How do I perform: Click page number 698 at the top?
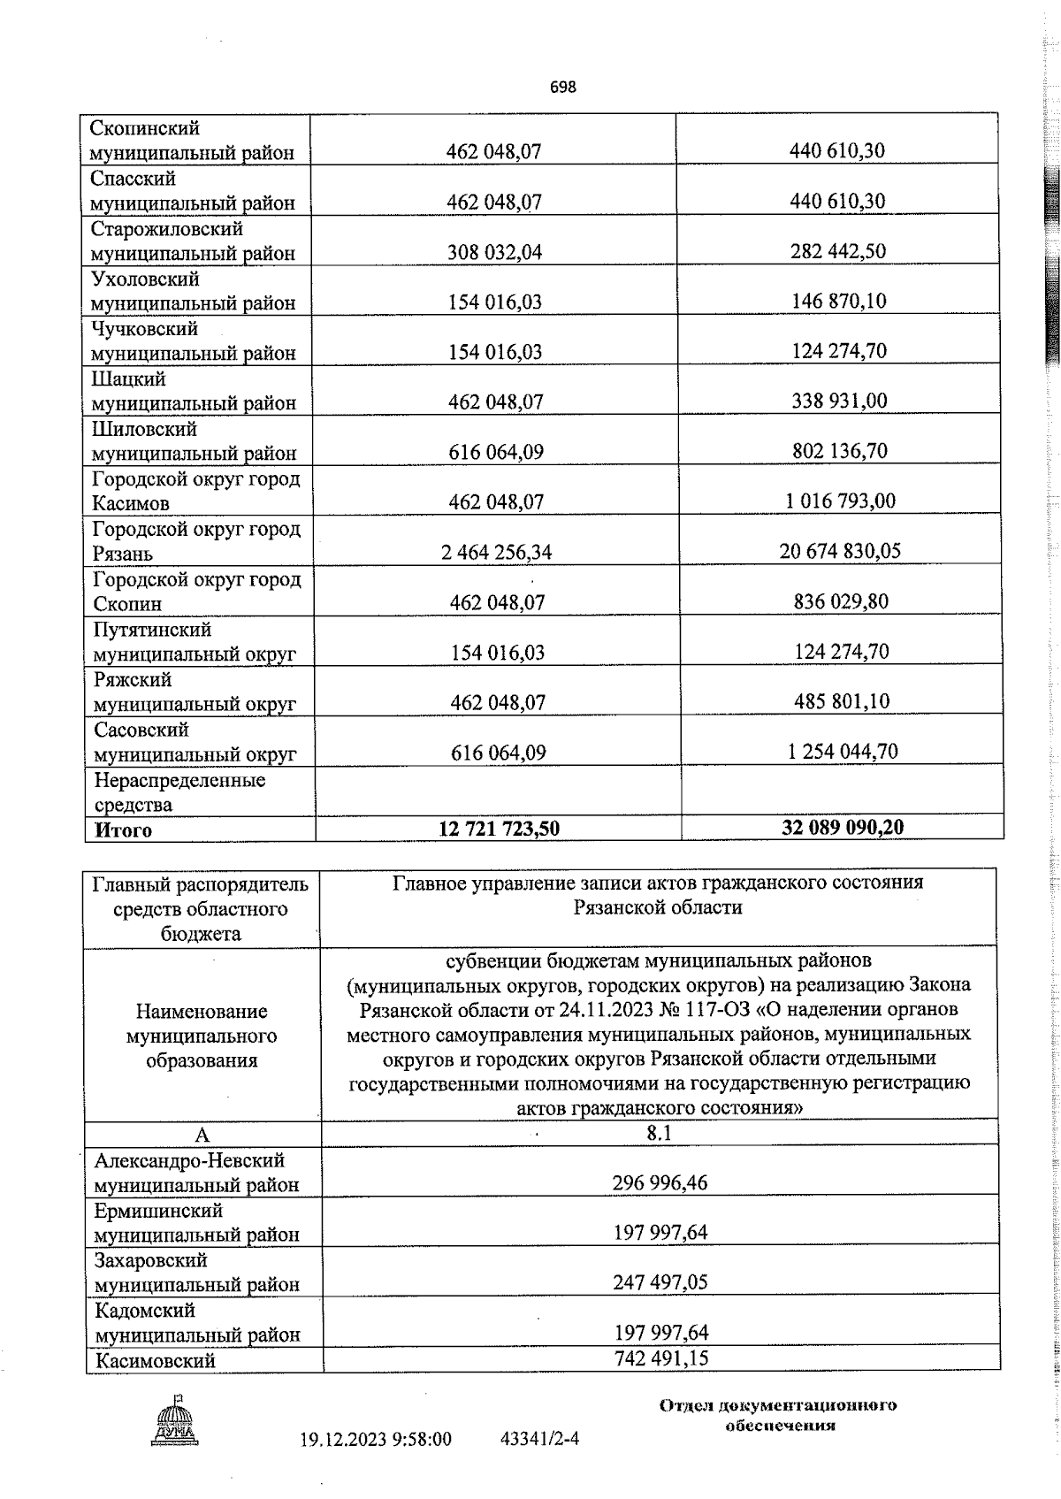[x=562, y=87]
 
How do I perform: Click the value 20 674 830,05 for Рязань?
[x=840, y=552]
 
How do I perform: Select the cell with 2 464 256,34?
[x=496, y=553]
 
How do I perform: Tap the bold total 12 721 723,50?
[x=499, y=829]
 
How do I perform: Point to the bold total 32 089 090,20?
[x=843, y=828]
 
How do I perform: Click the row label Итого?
[x=123, y=830]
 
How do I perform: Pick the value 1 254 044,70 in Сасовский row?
[x=843, y=752]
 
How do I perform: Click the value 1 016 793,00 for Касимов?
[x=840, y=501]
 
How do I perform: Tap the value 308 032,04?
[x=495, y=252]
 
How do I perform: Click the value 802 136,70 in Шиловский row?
[x=839, y=452]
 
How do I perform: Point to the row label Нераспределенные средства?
[x=179, y=792]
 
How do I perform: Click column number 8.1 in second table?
[x=659, y=1134]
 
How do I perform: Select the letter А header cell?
[x=202, y=1136]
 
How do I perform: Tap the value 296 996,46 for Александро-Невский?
[x=660, y=1183]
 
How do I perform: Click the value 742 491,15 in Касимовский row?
[x=660, y=1358]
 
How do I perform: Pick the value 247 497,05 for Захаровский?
[x=660, y=1282]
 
